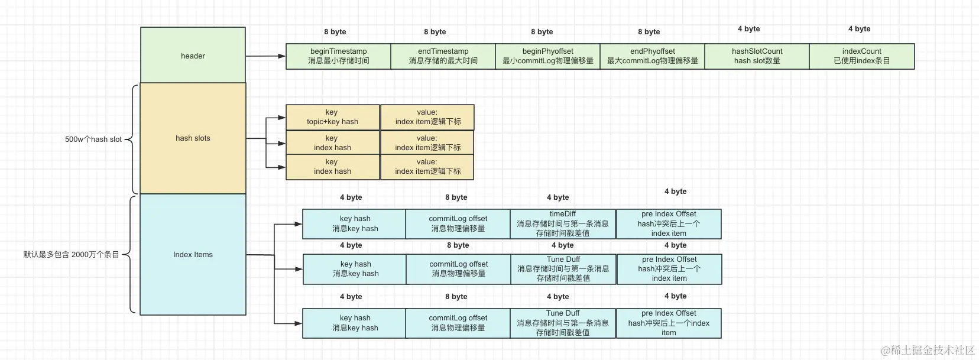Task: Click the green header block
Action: (193, 56)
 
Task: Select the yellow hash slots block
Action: (193, 138)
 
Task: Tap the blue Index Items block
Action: (193, 255)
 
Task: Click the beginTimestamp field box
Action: (338, 56)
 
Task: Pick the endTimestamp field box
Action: (443, 56)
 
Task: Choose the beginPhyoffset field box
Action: (547, 56)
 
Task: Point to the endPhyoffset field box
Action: (652, 56)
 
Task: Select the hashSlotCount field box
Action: (757, 56)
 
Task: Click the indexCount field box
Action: (861, 56)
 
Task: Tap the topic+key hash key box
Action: (332, 117)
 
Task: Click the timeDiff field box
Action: (563, 223)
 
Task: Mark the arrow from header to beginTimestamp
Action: (265, 56)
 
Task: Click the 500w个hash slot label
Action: (93, 140)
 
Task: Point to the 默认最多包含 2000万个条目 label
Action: (71, 255)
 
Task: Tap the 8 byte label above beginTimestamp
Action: (335, 32)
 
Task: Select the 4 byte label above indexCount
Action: (859, 29)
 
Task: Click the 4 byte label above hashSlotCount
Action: (748, 29)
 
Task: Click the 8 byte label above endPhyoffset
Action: (649, 32)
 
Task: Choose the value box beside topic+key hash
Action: (427, 117)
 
